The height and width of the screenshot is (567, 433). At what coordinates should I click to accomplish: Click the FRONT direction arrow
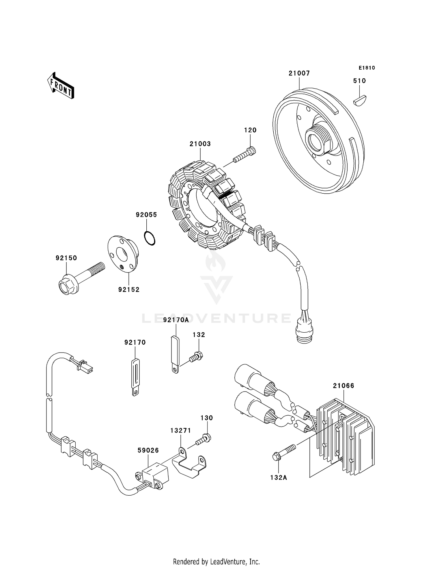click(x=61, y=86)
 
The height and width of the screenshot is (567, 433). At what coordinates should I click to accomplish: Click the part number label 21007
click(x=299, y=73)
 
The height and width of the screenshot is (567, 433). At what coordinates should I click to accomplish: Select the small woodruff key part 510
click(x=360, y=100)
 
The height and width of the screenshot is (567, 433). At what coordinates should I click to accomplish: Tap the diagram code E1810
click(x=367, y=68)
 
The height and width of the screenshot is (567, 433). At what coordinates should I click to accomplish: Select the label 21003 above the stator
click(x=200, y=144)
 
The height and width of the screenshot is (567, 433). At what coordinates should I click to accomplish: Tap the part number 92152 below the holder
click(x=129, y=290)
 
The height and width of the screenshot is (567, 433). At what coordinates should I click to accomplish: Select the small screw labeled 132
click(x=196, y=356)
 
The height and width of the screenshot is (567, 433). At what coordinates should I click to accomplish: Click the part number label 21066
click(x=343, y=386)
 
